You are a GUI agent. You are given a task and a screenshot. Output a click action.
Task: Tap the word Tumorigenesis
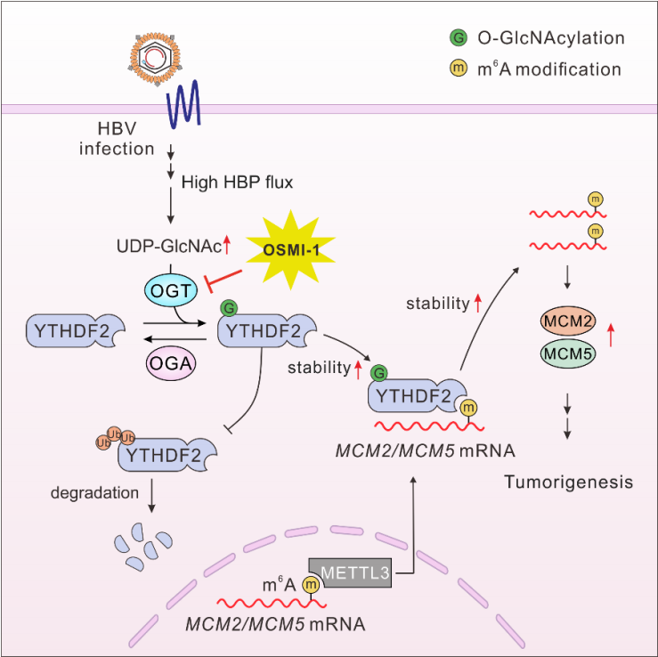[x=567, y=482]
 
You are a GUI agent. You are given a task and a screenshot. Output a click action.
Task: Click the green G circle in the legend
[x=458, y=38]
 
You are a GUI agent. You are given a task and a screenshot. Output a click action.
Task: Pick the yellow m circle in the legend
[x=458, y=69]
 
